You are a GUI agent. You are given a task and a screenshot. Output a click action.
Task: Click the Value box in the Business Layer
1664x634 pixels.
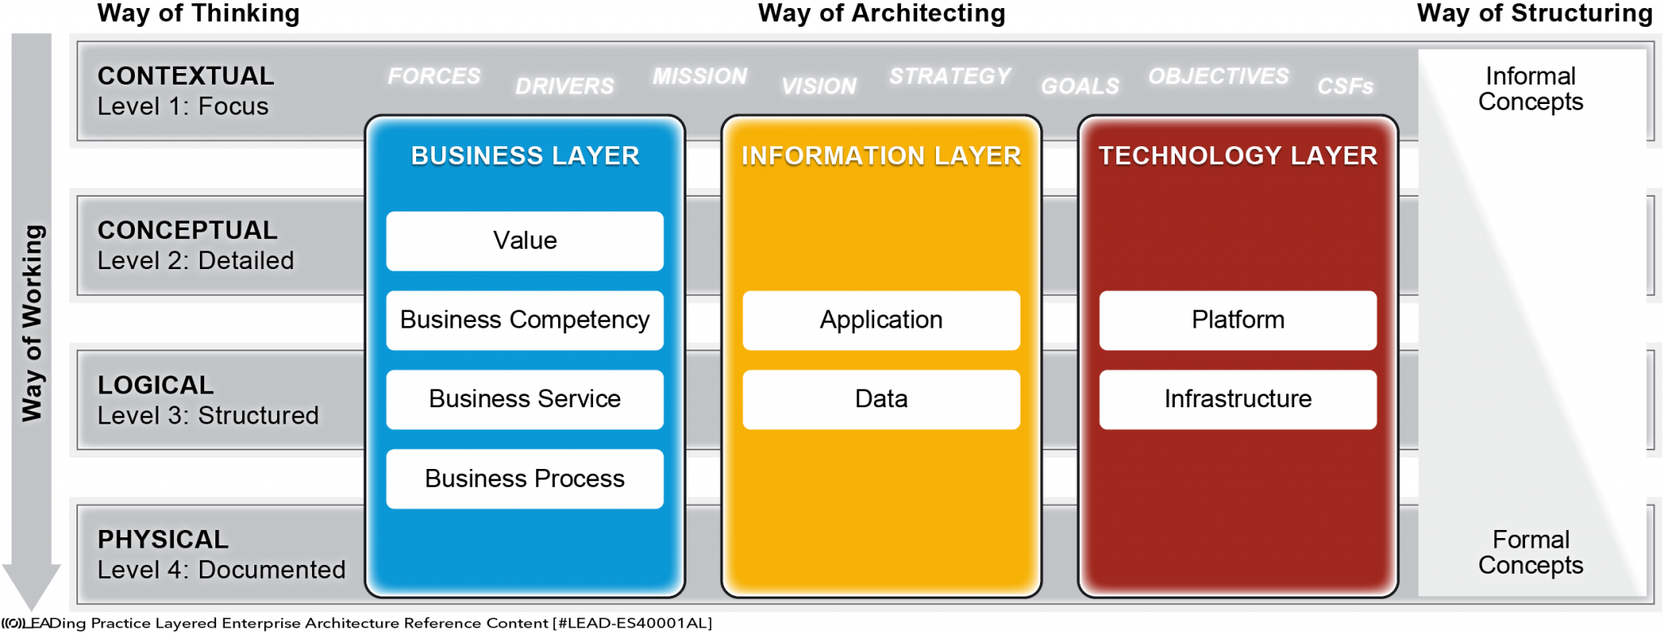click(x=525, y=241)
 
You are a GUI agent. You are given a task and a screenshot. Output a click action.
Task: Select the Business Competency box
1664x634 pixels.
click(x=525, y=320)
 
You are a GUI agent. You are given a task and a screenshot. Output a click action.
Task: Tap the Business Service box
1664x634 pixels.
click(x=525, y=399)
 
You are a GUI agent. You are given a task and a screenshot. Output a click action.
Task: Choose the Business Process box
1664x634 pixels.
click(x=525, y=479)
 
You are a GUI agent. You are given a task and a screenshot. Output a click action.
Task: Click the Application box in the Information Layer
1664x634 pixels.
click(x=881, y=320)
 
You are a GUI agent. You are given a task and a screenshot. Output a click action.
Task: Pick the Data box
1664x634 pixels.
click(x=881, y=399)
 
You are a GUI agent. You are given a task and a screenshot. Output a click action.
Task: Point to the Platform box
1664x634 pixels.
click(x=1237, y=320)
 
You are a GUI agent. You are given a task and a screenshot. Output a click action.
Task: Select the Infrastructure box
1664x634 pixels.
click(x=1237, y=399)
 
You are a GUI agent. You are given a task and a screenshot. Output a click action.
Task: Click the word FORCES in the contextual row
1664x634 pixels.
click(x=434, y=76)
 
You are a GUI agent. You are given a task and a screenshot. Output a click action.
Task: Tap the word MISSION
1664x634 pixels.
click(x=700, y=76)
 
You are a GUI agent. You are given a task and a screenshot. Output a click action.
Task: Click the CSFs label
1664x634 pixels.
click(x=1345, y=86)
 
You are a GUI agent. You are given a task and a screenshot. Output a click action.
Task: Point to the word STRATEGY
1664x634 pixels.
click(x=950, y=76)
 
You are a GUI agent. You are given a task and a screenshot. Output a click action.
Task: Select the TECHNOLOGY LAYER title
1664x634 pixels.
click(x=1237, y=156)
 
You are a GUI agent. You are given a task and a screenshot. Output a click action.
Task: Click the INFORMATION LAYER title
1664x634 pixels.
click(x=881, y=156)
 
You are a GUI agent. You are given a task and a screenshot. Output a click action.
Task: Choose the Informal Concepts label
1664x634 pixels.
click(x=1530, y=89)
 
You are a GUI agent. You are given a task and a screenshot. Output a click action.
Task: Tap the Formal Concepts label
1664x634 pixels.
click(x=1530, y=553)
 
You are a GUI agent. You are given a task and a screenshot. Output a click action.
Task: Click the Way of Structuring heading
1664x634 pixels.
click(x=1534, y=14)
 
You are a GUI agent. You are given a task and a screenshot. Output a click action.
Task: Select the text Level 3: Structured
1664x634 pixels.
click(x=208, y=415)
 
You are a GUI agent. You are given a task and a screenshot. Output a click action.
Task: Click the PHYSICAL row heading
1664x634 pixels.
click(x=163, y=540)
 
